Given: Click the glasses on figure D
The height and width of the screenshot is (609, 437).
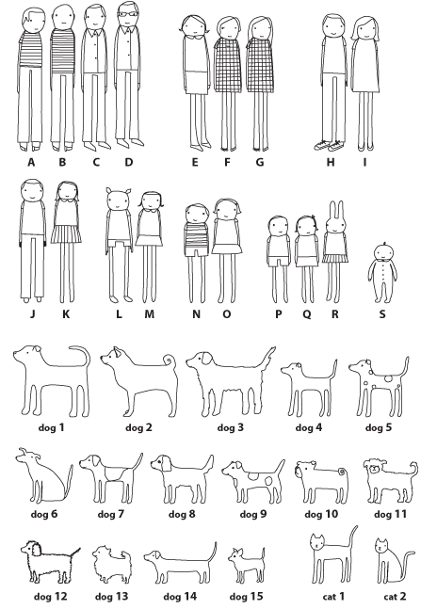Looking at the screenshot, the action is click(128, 14).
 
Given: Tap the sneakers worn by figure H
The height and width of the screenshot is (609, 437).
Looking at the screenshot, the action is click(329, 146).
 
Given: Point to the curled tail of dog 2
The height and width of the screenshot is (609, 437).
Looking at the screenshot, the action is click(170, 361).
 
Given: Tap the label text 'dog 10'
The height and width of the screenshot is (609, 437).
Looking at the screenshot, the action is click(321, 514).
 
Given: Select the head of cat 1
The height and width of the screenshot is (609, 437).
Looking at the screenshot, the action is click(317, 542).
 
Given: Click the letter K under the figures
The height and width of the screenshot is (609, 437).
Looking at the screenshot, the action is click(66, 313).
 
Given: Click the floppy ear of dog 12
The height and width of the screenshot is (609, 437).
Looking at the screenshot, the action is click(37, 550).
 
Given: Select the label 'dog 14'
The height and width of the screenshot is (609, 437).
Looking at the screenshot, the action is click(180, 596).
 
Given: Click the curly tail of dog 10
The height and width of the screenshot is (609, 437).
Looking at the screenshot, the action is click(343, 473).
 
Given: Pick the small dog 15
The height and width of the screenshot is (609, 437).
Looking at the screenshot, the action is click(246, 565).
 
